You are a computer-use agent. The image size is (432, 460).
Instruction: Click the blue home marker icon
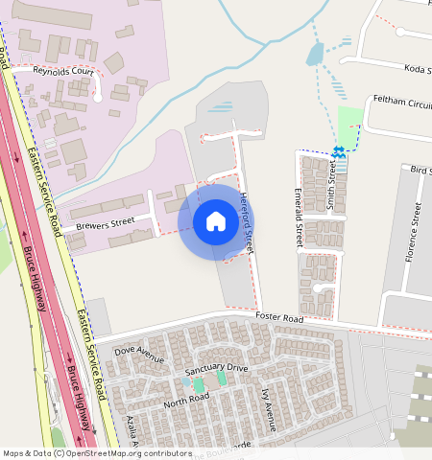216,222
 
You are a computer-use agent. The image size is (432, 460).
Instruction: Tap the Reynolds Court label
63,72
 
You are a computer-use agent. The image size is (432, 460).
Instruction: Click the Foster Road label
279,317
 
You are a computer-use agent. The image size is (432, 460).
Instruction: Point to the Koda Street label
414,68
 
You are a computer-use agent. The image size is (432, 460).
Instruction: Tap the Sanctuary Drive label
216,368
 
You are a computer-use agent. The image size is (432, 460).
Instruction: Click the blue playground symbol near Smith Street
338,151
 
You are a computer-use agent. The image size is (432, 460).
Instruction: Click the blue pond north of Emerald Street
315,55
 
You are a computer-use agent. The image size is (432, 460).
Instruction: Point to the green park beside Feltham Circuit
350,123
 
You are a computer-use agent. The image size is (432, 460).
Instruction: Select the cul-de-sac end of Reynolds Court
98,97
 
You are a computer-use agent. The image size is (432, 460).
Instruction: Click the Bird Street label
420,170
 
